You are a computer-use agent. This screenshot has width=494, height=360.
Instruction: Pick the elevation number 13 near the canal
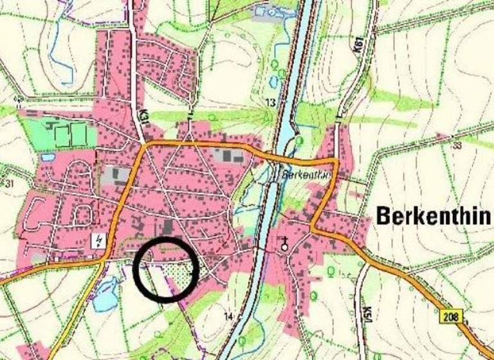point(271,103)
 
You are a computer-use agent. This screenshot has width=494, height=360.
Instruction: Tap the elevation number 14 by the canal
point(228,316)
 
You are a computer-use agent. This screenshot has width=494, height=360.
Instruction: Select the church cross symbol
point(285,243)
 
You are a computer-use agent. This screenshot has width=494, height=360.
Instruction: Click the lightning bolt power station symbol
point(98,240)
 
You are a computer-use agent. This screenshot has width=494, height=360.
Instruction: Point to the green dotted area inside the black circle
point(184,274)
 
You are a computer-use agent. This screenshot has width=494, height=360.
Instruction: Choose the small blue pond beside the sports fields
point(48,156)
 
